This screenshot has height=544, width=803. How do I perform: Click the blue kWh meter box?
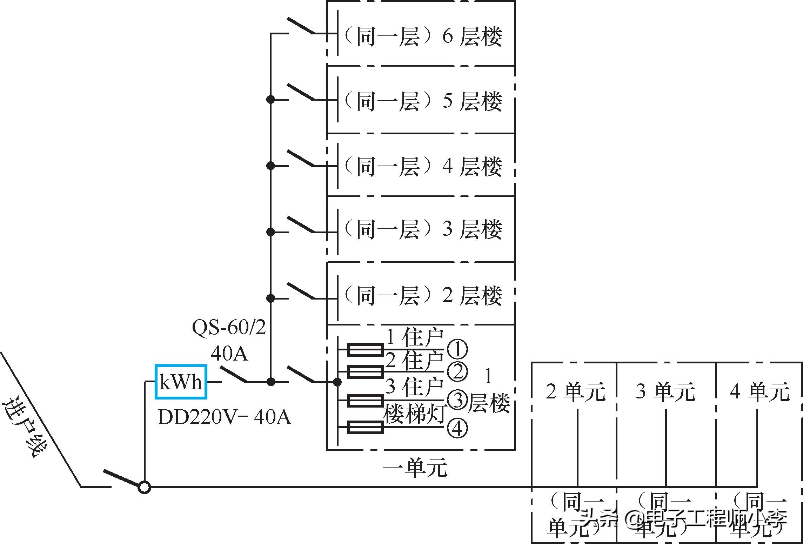[x=181, y=382]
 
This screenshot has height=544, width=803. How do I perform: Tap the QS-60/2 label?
[x=229, y=327]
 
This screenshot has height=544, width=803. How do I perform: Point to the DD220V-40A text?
[x=225, y=417]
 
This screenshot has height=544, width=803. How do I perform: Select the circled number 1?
[x=457, y=349]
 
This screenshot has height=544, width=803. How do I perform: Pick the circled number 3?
[x=457, y=400]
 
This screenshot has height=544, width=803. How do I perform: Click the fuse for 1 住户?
[x=365, y=350]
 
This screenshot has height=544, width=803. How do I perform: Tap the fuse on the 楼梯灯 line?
[x=365, y=428]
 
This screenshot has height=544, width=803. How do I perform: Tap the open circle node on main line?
[x=144, y=487]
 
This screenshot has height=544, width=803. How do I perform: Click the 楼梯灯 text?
[x=414, y=414]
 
